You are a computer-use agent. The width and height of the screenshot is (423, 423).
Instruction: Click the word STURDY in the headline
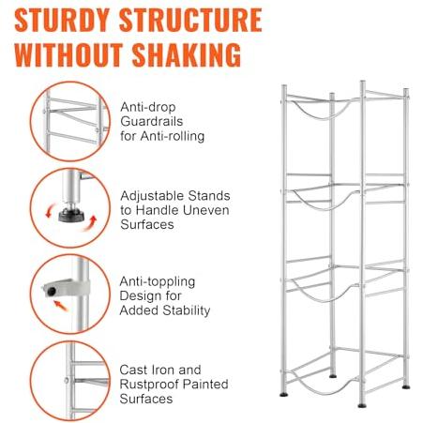62,20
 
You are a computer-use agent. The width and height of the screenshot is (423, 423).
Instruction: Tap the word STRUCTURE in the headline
190,20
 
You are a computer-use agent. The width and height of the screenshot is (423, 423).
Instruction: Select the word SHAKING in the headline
187,54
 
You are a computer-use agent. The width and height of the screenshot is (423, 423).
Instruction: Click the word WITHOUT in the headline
68,54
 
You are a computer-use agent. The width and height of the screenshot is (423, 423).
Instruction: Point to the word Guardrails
152,121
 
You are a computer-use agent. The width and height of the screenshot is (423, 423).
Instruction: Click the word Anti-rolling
173,136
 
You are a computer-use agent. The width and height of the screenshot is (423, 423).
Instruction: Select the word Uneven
205,210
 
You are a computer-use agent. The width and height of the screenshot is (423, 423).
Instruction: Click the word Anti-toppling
158,282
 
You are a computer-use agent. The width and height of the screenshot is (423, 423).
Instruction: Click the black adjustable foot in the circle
71,215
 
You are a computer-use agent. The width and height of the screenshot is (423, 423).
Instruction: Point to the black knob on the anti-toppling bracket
52,292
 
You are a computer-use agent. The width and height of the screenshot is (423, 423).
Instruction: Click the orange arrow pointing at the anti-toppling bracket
60,306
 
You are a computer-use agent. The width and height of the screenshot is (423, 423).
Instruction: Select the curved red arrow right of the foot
91,224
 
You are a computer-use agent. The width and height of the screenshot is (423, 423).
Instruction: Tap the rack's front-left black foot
284,394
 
